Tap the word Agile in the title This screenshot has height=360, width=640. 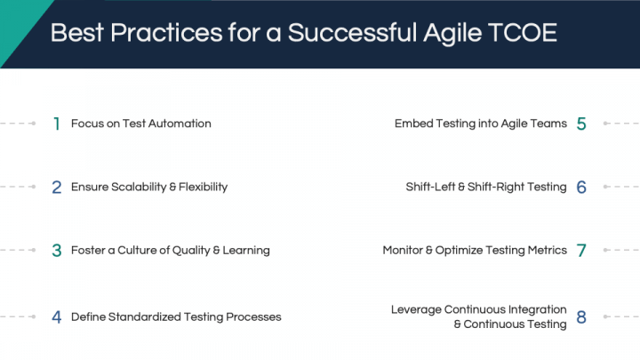(452, 34)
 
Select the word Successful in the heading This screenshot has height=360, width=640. (352, 32)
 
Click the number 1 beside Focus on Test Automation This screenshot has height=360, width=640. (57, 124)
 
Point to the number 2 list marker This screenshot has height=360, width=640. (57, 188)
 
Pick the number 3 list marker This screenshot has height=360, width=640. (57, 251)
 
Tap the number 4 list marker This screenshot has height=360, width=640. (57, 317)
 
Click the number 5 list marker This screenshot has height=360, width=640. (581, 124)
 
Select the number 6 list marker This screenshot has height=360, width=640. (581, 188)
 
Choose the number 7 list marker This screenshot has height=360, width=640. (581, 251)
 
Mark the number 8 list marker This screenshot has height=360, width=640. (581, 317)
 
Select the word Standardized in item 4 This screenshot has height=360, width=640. (145, 316)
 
